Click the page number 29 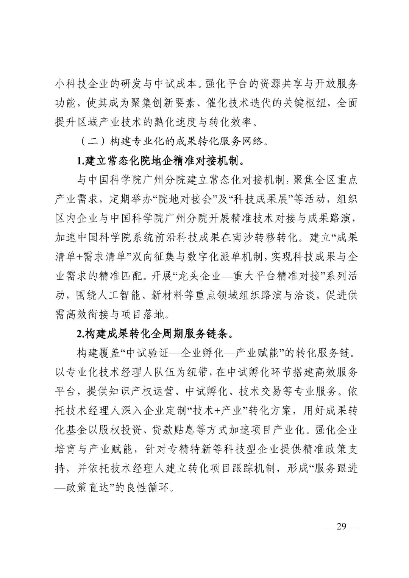pyautogui.click(x=342, y=527)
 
